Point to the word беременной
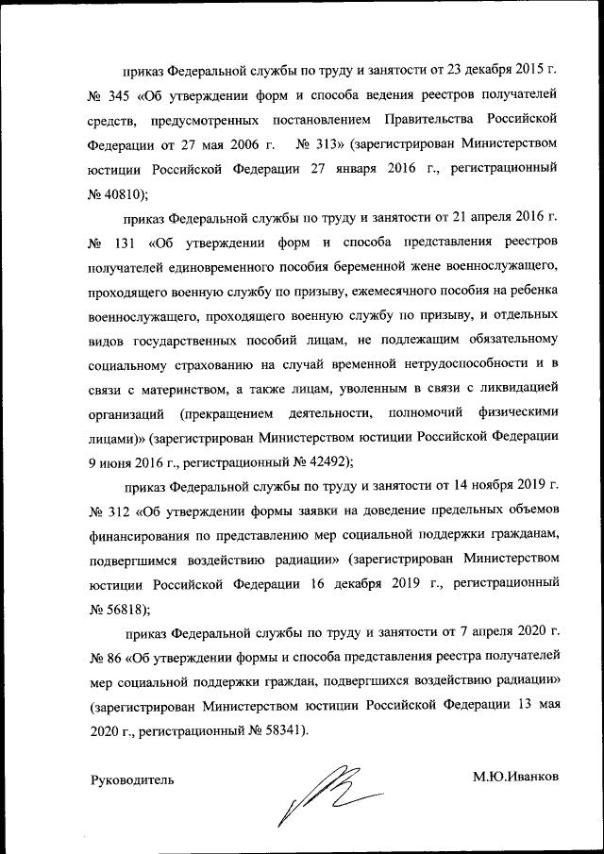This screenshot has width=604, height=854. coord(373,267)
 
